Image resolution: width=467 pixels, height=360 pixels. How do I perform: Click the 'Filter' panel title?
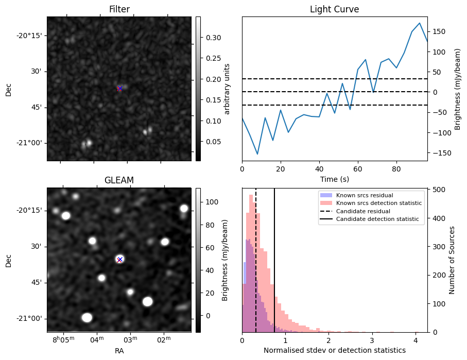pyautogui.click(x=119, y=9)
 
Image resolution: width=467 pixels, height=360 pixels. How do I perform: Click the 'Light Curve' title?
pyautogui.click(x=334, y=9)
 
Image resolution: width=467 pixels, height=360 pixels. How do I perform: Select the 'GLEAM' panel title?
pyautogui.click(x=119, y=180)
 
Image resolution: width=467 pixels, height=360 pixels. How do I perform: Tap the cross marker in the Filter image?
pyautogui.click(x=120, y=89)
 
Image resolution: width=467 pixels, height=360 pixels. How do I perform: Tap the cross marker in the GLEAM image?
pyautogui.click(x=120, y=260)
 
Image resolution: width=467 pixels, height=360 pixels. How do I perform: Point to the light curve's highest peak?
pyautogui.click(x=420, y=23)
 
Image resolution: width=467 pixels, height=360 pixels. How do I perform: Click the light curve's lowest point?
pyautogui.click(x=257, y=154)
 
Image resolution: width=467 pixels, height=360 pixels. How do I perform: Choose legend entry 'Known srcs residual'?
pyautogui.click(x=365, y=196)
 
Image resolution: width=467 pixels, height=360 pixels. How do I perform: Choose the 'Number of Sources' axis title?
pyautogui.click(x=452, y=260)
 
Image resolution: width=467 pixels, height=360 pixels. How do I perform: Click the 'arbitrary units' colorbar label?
pyautogui.click(x=227, y=89)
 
